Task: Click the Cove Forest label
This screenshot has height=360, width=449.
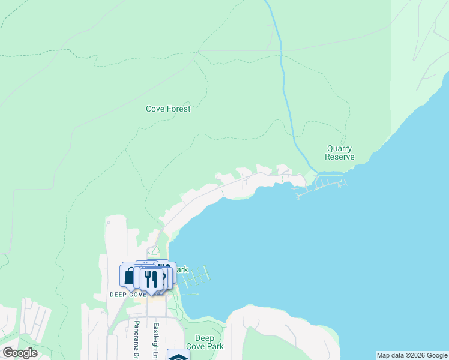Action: [168, 109]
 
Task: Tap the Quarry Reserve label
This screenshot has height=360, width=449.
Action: [339, 153]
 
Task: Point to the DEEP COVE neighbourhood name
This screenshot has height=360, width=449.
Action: [128, 295]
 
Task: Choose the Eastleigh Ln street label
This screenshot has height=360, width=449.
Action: [155, 338]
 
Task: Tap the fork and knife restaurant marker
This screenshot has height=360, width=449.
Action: [151, 279]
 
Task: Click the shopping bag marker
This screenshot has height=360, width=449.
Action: [129, 276]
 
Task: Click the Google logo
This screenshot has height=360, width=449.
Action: [20, 353]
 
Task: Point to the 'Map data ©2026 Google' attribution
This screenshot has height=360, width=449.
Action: [412, 355]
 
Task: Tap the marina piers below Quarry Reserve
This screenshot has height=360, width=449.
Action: [321, 185]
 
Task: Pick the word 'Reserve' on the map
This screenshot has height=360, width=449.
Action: [339, 157]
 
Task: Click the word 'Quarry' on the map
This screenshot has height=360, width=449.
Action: [339, 149]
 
